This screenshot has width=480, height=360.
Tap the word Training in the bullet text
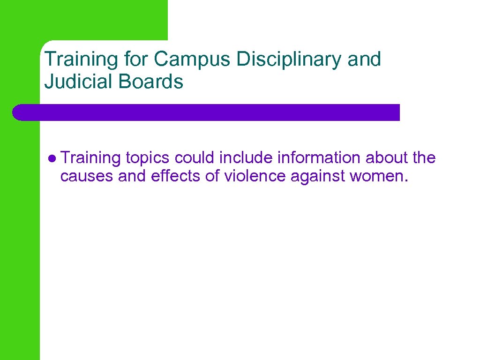click(x=90, y=158)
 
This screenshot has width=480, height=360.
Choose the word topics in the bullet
click(x=148, y=158)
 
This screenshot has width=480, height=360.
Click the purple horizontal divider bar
click(x=206, y=112)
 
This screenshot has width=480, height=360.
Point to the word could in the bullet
click(x=195, y=158)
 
